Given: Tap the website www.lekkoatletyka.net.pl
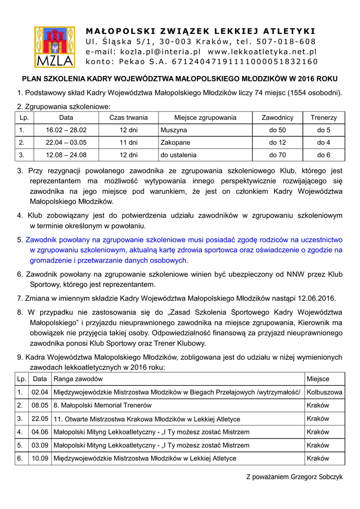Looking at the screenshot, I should pyautogui.click(x=262, y=52).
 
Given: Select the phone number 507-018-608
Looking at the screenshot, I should pyautogui.click(x=286, y=41).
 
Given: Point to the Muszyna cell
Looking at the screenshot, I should pyautogui.click(x=174, y=130).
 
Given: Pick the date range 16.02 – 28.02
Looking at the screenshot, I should pyautogui.click(x=66, y=130).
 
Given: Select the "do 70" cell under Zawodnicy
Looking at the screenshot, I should pyautogui.click(x=277, y=155).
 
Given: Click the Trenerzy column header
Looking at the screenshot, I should pyautogui.click(x=324, y=118).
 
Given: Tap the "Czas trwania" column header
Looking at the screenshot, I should pyautogui.click(x=129, y=118).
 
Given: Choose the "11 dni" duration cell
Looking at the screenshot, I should pyautogui.click(x=129, y=143).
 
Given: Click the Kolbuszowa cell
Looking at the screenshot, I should pyautogui.click(x=324, y=392).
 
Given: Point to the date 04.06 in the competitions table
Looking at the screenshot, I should pyautogui.click(x=40, y=432).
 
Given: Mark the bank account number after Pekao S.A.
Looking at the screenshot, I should pyautogui.click(x=245, y=62).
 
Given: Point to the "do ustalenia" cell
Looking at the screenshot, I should pyautogui.click(x=179, y=155).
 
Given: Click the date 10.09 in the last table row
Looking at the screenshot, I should pyautogui.click(x=40, y=458).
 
